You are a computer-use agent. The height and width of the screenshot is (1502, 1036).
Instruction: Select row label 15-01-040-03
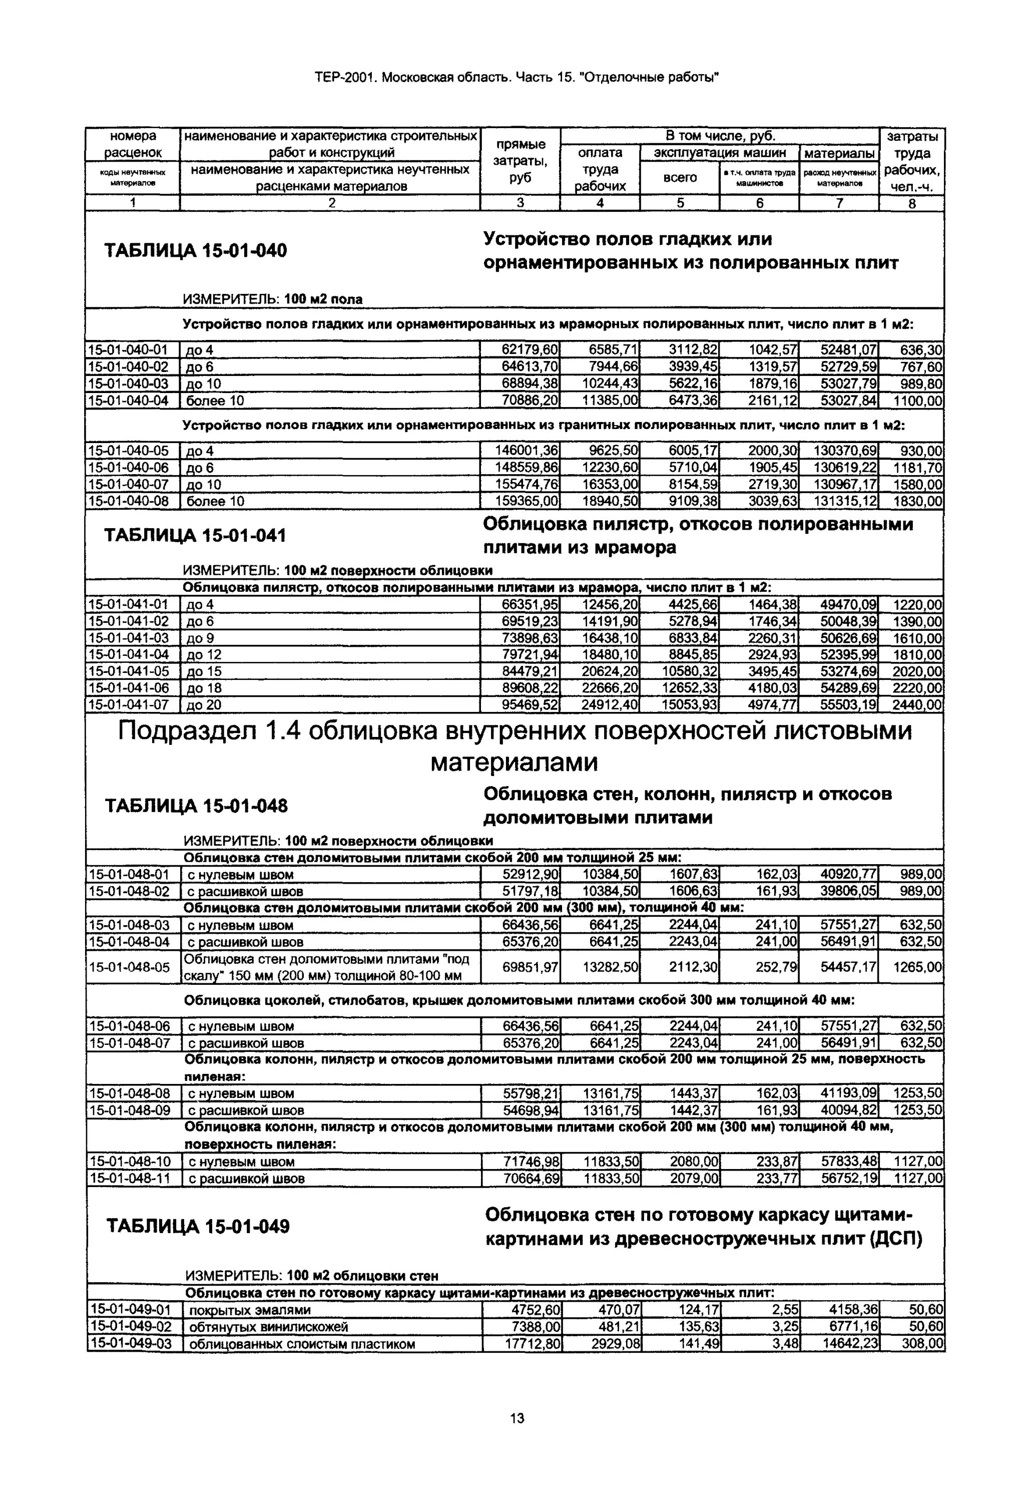[128, 384]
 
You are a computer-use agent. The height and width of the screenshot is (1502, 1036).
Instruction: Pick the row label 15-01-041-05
[128, 671]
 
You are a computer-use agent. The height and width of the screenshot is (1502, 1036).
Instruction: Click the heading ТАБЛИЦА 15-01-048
[196, 806]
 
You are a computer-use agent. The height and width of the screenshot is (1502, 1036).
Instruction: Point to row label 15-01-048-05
[129, 968]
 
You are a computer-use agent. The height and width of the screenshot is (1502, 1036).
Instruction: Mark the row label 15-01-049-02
[131, 1327]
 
